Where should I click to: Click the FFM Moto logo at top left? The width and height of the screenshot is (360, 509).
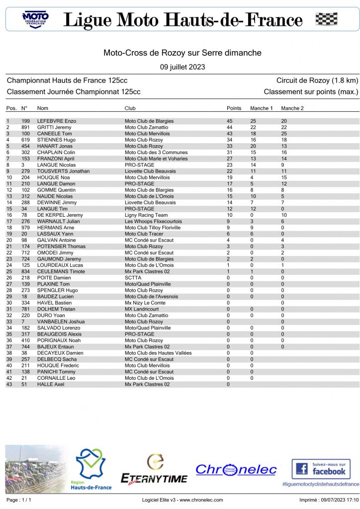(35, 19)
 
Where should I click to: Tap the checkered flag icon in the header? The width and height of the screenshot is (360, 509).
(326, 19)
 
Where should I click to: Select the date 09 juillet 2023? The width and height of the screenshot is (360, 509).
(182, 67)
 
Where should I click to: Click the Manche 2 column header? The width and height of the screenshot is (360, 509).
(292, 108)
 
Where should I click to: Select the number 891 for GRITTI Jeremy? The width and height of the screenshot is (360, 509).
(26, 127)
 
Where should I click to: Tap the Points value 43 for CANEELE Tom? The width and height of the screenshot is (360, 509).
(230, 134)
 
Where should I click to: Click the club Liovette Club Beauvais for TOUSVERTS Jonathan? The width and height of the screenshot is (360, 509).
(150, 171)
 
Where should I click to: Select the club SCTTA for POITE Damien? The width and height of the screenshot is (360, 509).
(133, 278)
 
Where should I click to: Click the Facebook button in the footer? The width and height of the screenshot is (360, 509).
(321, 469)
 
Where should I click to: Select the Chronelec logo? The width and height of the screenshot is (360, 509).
(236, 469)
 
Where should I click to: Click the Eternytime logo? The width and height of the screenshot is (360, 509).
(155, 470)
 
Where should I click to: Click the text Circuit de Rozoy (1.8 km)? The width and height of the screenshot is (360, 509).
(317, 81)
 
